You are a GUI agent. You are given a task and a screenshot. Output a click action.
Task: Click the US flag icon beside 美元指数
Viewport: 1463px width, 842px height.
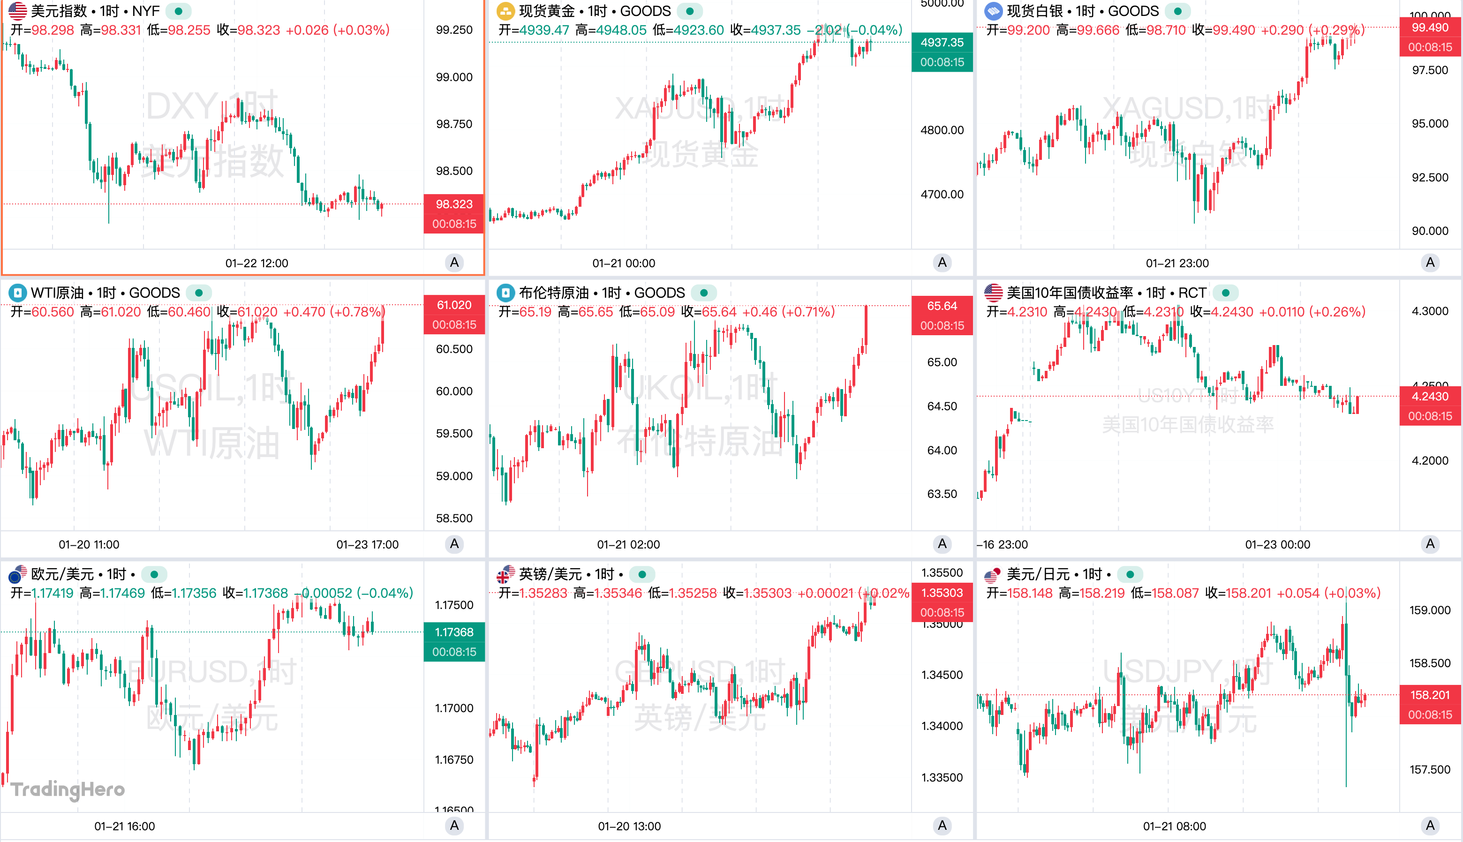coord(17,11)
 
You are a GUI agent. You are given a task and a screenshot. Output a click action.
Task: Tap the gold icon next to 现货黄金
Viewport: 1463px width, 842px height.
coord(505,11)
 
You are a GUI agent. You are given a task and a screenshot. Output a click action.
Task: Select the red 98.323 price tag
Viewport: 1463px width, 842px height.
coord(454,204)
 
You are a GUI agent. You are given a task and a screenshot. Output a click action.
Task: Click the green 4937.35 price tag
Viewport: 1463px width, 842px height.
coord(942,43)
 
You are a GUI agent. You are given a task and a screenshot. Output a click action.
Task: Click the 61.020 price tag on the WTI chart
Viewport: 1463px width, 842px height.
coord(454,305)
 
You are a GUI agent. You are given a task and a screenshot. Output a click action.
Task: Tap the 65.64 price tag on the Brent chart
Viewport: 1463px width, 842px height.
coord(942,306)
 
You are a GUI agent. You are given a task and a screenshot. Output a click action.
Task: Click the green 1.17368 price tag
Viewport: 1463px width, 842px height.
coord(454,632)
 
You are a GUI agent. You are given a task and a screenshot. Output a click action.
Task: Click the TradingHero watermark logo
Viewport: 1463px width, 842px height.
coord(68,789)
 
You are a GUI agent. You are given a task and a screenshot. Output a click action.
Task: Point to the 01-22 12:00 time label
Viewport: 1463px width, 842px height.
coord(257,263)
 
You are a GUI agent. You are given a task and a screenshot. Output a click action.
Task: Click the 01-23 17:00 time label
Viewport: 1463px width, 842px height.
coord(367,545)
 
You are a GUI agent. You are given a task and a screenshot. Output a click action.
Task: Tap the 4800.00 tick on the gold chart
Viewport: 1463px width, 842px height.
coord(942,130)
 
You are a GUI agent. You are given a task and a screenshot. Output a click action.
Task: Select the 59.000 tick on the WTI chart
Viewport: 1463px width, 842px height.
coord(454,476)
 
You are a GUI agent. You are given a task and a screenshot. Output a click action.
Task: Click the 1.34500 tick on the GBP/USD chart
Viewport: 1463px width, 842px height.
coord(942,675)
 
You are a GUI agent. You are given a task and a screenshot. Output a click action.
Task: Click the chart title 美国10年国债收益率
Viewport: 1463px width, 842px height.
coord(1069,293)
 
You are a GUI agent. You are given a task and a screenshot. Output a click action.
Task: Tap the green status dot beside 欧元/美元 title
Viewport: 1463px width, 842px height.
coord(154,574)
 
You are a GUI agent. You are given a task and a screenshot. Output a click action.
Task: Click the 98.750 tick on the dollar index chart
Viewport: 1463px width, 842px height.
coord(454,124)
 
